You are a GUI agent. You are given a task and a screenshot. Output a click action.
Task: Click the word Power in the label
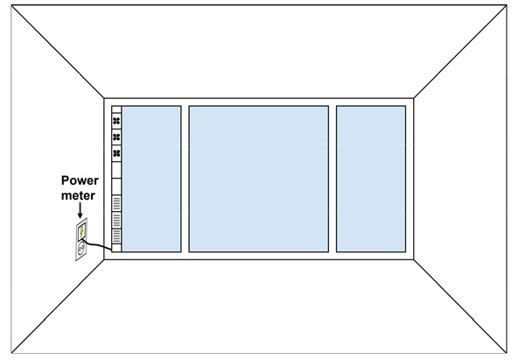[x=80, y=180]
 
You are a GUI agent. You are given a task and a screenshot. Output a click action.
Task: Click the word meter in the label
[x=78, y=195]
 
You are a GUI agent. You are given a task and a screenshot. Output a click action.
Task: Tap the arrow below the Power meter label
[x=80, y=210]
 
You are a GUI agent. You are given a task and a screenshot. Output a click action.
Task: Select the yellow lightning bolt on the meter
[x=81, y=230]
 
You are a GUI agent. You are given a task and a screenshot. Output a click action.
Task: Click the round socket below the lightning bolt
[x=81, y=249]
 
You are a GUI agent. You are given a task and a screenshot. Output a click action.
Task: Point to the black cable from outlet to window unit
[x=97, y=245]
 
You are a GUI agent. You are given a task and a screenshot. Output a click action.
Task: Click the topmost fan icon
[x=116, y=121]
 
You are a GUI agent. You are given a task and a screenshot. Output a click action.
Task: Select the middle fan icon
[x=116, y=137]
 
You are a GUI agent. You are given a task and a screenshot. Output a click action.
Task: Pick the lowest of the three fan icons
[x=116, y=153]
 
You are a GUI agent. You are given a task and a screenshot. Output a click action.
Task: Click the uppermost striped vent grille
[x=116, y=203]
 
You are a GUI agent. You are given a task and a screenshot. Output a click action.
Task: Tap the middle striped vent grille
[x=116, y=220]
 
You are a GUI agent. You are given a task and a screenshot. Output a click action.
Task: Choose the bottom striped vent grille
[x=116, y=236]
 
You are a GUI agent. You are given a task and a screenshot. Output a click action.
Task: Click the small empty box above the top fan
[x=116, y=109]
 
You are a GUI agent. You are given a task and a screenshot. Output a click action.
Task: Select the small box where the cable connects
[x=116, y=248]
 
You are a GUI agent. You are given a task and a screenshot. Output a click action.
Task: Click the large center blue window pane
[x=259, y=179]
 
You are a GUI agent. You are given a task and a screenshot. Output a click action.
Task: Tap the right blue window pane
[x=371, y=179]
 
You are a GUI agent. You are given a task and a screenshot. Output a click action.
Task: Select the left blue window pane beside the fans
[x=151, y=179]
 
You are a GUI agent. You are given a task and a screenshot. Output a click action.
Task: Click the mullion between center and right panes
[x=333, y=179]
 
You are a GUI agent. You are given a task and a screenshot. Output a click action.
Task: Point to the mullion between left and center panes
[x=185, y=179]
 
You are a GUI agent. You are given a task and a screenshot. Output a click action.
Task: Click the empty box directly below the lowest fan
[x=116, y=170]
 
